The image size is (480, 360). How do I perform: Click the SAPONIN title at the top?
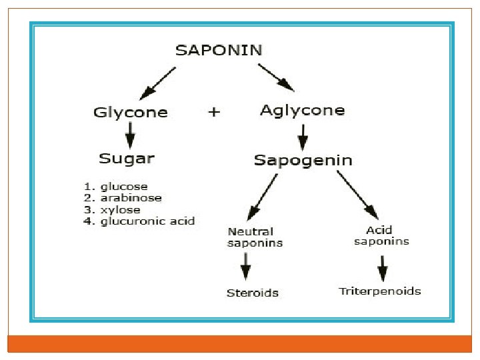(x=218, y=49)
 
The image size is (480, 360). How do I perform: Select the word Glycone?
(x=131, y=113)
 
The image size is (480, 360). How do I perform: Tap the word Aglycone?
(x=302, y=111)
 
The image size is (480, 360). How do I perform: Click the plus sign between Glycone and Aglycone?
(x=213, y=112)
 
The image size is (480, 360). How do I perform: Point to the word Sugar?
(x=127, y=159)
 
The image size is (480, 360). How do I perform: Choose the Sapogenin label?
(x=303, y=160)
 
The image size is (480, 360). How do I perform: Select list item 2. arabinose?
(x=123, y=198)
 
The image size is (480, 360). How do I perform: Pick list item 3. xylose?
(x=114, y=209)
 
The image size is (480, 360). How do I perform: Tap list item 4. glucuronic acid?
(x=139, y=221)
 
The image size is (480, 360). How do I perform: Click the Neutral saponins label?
(x=255, y=237)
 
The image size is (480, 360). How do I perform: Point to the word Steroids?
(x=252, y=293)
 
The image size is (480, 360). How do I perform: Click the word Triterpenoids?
(x=380, y=291)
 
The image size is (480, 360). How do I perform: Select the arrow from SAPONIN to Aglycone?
(x=275, y=77)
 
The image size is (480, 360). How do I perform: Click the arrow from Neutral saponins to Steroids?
(x=246, y=267)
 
